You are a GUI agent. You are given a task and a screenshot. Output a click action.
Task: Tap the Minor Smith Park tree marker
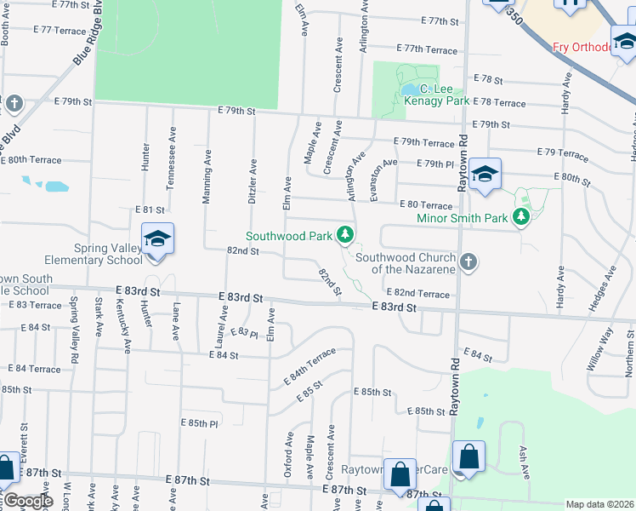point(522,218)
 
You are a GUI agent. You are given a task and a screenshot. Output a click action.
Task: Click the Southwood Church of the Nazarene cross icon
point(468,261)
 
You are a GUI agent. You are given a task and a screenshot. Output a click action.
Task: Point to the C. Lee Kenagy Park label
point(438,95)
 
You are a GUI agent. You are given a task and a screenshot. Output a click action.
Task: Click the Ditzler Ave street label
point(253,181)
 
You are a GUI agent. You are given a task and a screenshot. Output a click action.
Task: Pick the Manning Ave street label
point(207,177)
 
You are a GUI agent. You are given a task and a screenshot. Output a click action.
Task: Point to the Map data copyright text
point(599,504)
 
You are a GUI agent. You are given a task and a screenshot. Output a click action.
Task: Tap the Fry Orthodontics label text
point(582,47)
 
